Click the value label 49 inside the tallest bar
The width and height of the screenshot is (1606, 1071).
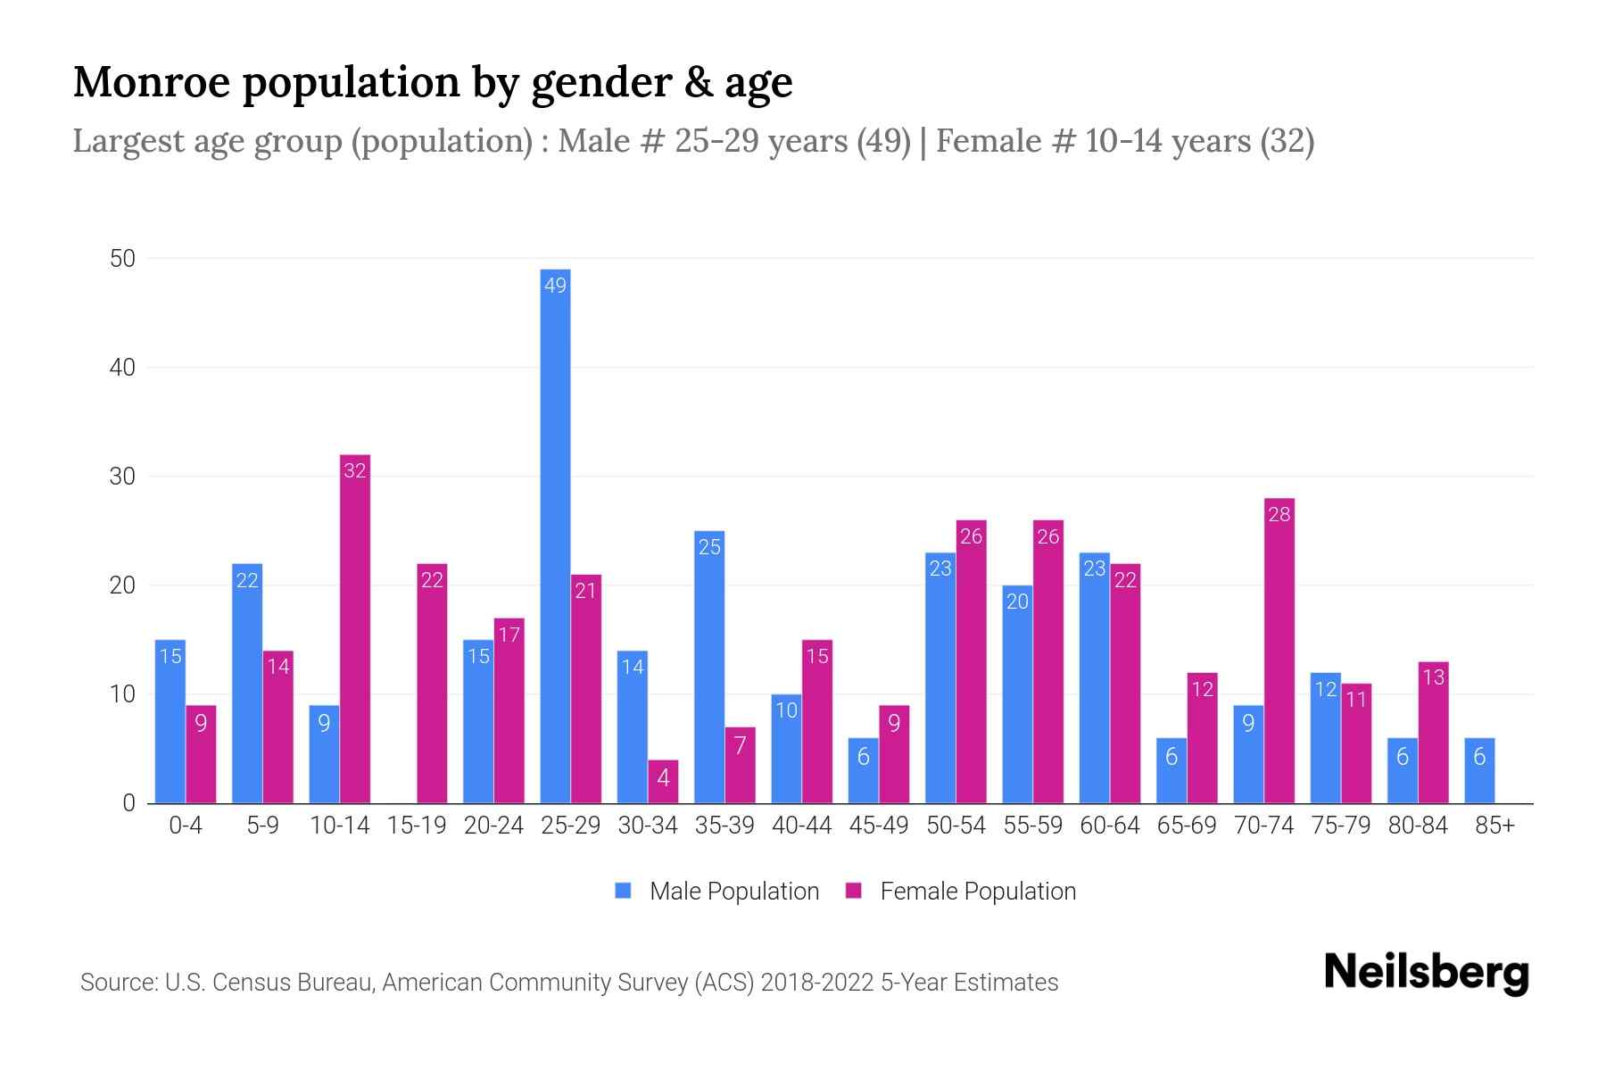click(555, 286)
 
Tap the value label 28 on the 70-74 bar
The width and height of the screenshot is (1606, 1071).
click(1279, 515)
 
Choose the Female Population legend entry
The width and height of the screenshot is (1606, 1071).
click(961, 892)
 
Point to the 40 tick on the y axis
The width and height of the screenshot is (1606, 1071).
click(122, 368)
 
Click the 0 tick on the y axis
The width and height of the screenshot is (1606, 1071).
click(128, 803)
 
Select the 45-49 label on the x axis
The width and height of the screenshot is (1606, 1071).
click(879, 826)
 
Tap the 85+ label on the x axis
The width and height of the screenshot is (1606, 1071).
click(1494, 826)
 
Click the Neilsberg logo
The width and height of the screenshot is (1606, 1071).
click(1426, 973)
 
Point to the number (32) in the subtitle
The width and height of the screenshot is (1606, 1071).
click(1287, 141)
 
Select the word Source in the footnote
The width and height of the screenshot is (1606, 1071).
click(116, 983)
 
